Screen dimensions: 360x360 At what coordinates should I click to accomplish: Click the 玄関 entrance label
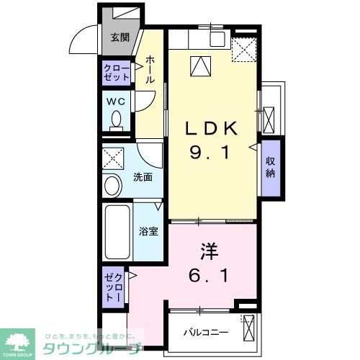click(x=120, y=38)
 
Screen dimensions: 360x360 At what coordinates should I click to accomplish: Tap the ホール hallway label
click(x=149, y=71)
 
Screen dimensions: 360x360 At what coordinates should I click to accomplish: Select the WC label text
click(x=117, y=102)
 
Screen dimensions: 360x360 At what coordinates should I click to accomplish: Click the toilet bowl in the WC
click(x=117, y=122)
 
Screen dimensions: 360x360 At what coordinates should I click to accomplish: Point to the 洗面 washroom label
click(x=142, y=177)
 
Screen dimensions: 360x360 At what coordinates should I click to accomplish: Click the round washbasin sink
click(x=113, y=186)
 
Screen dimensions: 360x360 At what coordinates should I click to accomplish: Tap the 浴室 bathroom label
click(x=148, y=232)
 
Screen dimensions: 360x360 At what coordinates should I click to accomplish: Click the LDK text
click(x=210, y=130)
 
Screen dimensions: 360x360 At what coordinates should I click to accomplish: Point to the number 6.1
click(x=209, y=276)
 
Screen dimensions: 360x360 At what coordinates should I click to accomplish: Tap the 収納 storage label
click(x=270, y=168)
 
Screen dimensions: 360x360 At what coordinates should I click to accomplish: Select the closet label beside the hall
click(x=117, y=73)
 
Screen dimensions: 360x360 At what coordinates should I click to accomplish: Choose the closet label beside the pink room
click(x=112, y=287)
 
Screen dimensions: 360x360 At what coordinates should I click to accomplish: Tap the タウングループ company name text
click(x=89, y=348)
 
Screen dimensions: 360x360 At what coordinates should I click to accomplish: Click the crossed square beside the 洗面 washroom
click(x=112, y=157)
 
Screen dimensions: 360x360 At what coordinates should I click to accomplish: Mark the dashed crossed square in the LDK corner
click(x=245, y=49)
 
